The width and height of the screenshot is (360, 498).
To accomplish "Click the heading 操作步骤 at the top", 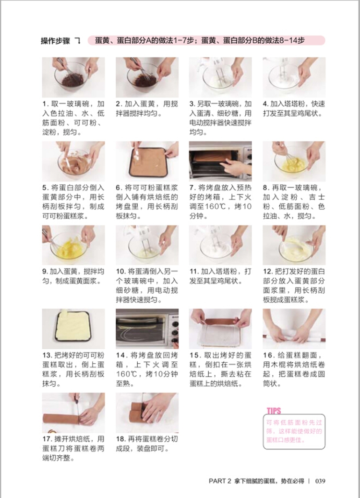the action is pyautogui.click(x=55, y=41).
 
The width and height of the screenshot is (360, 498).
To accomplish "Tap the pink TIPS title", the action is pyautogui.click(x=274, y=411).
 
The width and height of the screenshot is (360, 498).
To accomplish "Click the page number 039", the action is pyautogui.click(x=320, y=481).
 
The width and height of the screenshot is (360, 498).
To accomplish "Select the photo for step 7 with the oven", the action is pyautogui.click(x=220, y=161).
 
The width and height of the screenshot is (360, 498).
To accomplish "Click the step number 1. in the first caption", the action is pyautogui.click(x=46, y=104).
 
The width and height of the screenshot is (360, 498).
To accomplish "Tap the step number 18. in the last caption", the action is pyautogui.click(x=121, y=439).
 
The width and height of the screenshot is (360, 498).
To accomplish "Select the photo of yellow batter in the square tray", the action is pyautogui.click(x=73, y=329).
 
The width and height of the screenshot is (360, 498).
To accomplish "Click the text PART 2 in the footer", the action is pyautogui.click(x=220, y=481).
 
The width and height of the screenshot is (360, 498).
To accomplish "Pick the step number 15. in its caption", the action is pyautogui.click(x=194, y=356).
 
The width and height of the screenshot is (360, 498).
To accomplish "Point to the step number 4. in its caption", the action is pyautogui.click(x=265, y=104).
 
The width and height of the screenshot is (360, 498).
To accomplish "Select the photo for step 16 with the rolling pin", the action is pyautogui.click(x=294, y=329).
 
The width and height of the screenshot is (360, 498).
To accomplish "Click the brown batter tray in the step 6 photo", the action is pyautogui.click(x=148, y=162).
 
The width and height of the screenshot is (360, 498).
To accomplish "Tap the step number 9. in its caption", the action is pyautogui.click(x=45, y=272).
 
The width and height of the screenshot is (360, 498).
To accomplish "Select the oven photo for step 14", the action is pyautogui.click(x=147, y=329).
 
